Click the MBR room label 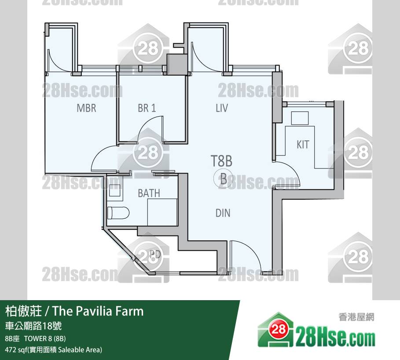[87, 108]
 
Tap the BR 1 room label [147, 108]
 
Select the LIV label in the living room [222, 108]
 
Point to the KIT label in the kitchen [303, 145]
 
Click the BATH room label [149, 193]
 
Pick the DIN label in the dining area [223, 213]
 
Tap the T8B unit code [221, 161]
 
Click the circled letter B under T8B [223, 179]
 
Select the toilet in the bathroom [118, 213]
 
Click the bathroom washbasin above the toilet [114, 190]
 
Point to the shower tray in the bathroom [162, 212]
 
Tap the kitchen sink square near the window [300, 118]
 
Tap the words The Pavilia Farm [98, 311]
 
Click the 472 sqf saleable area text [54, 349]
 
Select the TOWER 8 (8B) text [45, 338]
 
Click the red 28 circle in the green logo [279, 329]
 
